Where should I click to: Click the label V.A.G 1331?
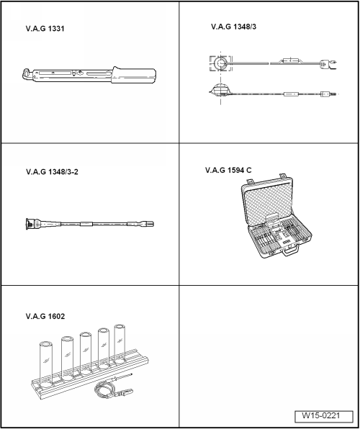pyautogui.click(x=45, y=29)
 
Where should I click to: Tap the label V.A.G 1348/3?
pyautogui.click(x=233, y=27)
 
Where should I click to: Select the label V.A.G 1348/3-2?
pyautogui.click(x=52, y=172)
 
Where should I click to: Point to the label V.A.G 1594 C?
pyautogui.click(x=228, y=170)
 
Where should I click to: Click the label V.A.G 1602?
pyautogui.click(x=45, y=316)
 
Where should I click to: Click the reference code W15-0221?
pyautogui.click(x=321, y=415)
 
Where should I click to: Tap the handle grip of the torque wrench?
pyautogui.click(x=134, y=75)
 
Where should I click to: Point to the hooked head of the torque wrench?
pyautogui.click(x=27, y=74)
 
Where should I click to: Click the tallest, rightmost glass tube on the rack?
pyautogui.click(x=120, y=344)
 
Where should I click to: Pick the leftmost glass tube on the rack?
pyautogui.click(x=45, y=364)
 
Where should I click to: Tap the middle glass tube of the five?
pyautogui.click(x=86, y=353)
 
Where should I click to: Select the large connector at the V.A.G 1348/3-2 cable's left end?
pyautogui.click(x=33, y=224)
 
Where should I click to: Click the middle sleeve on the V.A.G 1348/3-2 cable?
pyautogui.click(x=86, y=224)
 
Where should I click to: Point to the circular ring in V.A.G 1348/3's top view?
pyautogui.click(x=220, y=63)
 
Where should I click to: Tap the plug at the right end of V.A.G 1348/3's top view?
pyautogui.click(x=323, y=64)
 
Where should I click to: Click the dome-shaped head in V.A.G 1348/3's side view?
pyautogui.click(x=220, y=89)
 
